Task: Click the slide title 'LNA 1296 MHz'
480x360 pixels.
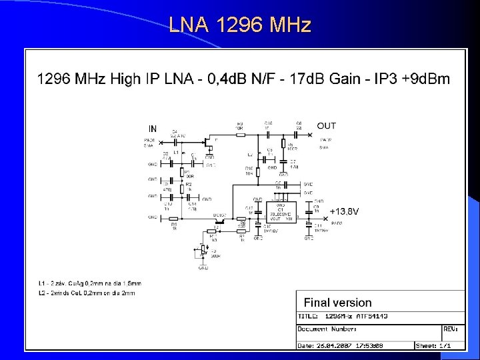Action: coord(240,25)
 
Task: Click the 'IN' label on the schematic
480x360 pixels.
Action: coord(153,129)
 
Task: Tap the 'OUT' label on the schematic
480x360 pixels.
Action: coord(327,125)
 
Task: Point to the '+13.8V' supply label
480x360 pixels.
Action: coord(344,211)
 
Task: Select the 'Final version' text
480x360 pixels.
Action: coord(338,302)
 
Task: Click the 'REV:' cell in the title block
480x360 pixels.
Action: coord(451,328)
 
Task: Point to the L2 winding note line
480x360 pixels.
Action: coord(87,293)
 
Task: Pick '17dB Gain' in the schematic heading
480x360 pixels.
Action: coord(325,79)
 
